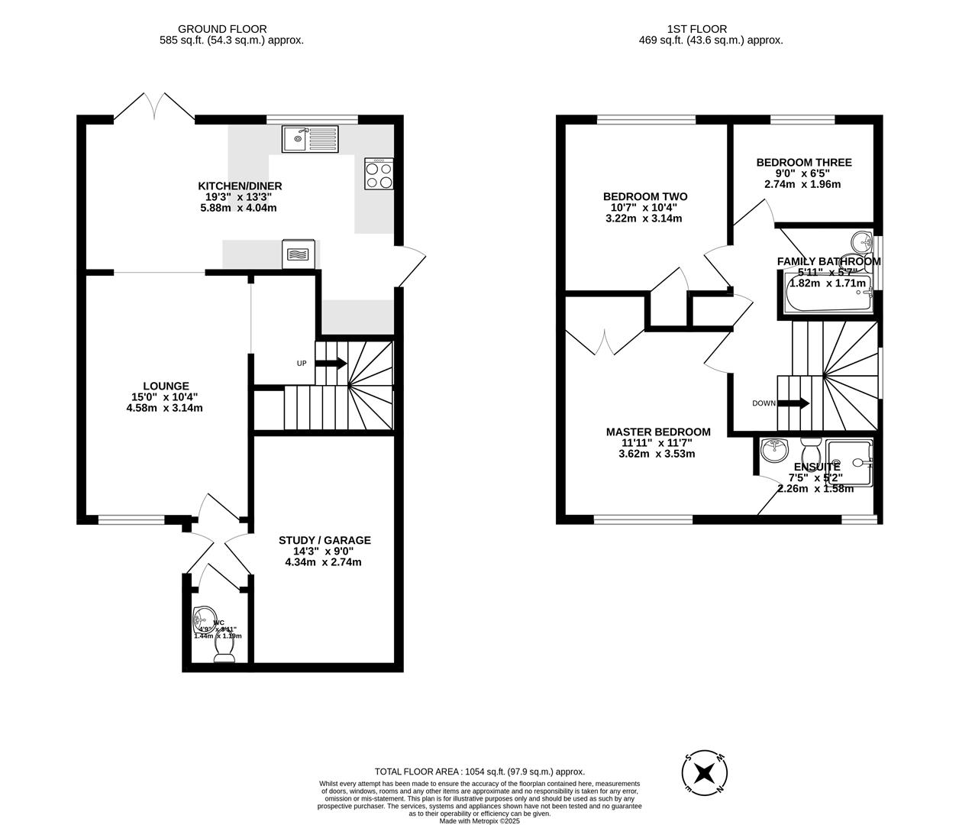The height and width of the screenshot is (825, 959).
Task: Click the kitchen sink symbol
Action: pos(309,139)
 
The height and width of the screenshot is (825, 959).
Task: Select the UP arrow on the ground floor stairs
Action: pos(331,363)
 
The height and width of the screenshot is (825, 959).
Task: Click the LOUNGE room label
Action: pos(165,386)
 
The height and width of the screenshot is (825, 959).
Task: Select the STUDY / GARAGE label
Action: pos(324,540)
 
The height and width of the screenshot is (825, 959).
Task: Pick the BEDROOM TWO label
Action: pos(644,196)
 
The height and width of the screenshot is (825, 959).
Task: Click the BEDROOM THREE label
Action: pos(803,162)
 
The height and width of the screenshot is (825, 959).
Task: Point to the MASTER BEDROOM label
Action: pos(657,432)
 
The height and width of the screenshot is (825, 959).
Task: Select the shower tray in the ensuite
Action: pos(848,463)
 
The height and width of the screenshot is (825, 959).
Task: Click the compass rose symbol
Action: pos(705,772)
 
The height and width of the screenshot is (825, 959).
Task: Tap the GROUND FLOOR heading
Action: pos(231,29)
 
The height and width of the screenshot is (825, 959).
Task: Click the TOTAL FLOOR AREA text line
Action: pos(479,772)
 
